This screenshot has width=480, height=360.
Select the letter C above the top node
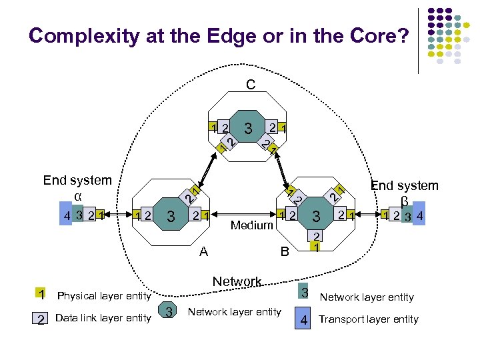click(249, 85)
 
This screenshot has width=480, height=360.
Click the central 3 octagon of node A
click(171, 216)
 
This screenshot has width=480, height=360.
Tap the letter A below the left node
click(204, 251)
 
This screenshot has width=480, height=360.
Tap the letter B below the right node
click(285, 252)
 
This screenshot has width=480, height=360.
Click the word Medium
click(251, 225)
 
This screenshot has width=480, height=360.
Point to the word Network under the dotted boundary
click(237, 281)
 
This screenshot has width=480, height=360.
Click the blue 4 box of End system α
click(65, 216)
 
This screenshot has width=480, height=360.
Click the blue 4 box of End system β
click(419, 216)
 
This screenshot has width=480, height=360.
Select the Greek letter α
click(78, 196)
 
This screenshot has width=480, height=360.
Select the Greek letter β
click(404, 200)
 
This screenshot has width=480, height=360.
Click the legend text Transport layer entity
click(369, 319)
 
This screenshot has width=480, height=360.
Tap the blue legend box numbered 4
click(303, 319)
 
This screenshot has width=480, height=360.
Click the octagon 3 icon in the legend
click(169, 312)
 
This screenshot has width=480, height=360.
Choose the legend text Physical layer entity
click(104, 296)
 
